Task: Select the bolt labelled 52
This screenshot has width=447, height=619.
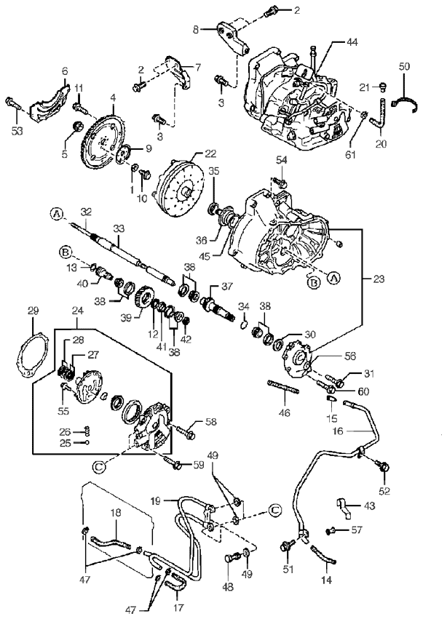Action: coord(382,466)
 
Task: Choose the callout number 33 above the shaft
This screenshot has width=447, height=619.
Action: coord(119,228)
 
